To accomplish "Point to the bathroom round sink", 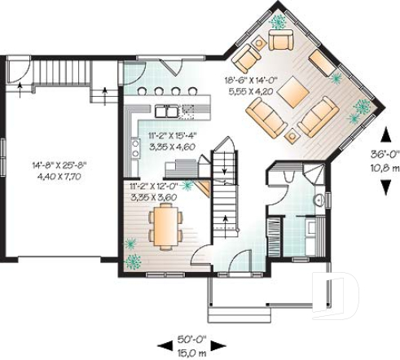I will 320,199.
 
